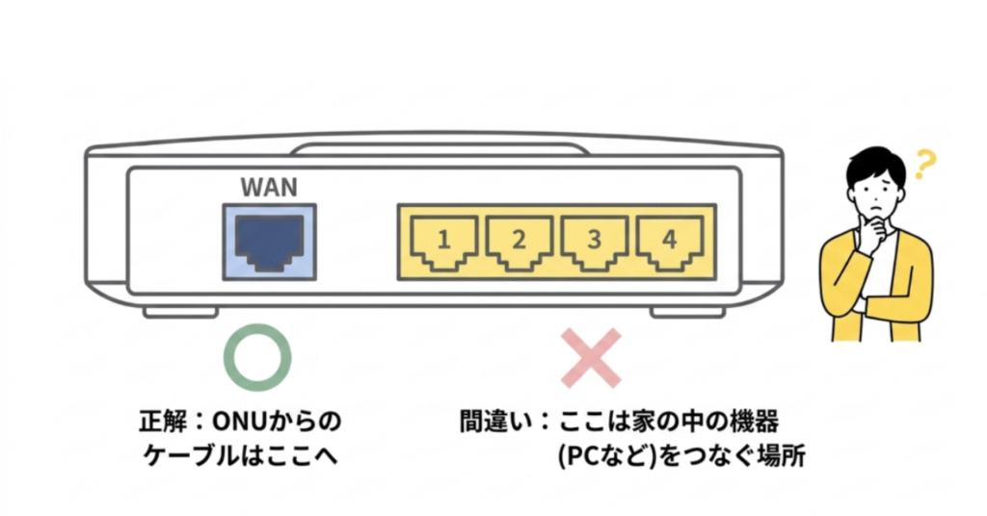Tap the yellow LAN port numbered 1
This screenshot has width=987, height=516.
tap(443, 242)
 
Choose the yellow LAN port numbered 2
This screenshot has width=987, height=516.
tap(519, 242)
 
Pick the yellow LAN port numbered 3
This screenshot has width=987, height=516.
tap(595, 242)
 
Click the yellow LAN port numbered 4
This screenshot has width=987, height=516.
tap(670, 242)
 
